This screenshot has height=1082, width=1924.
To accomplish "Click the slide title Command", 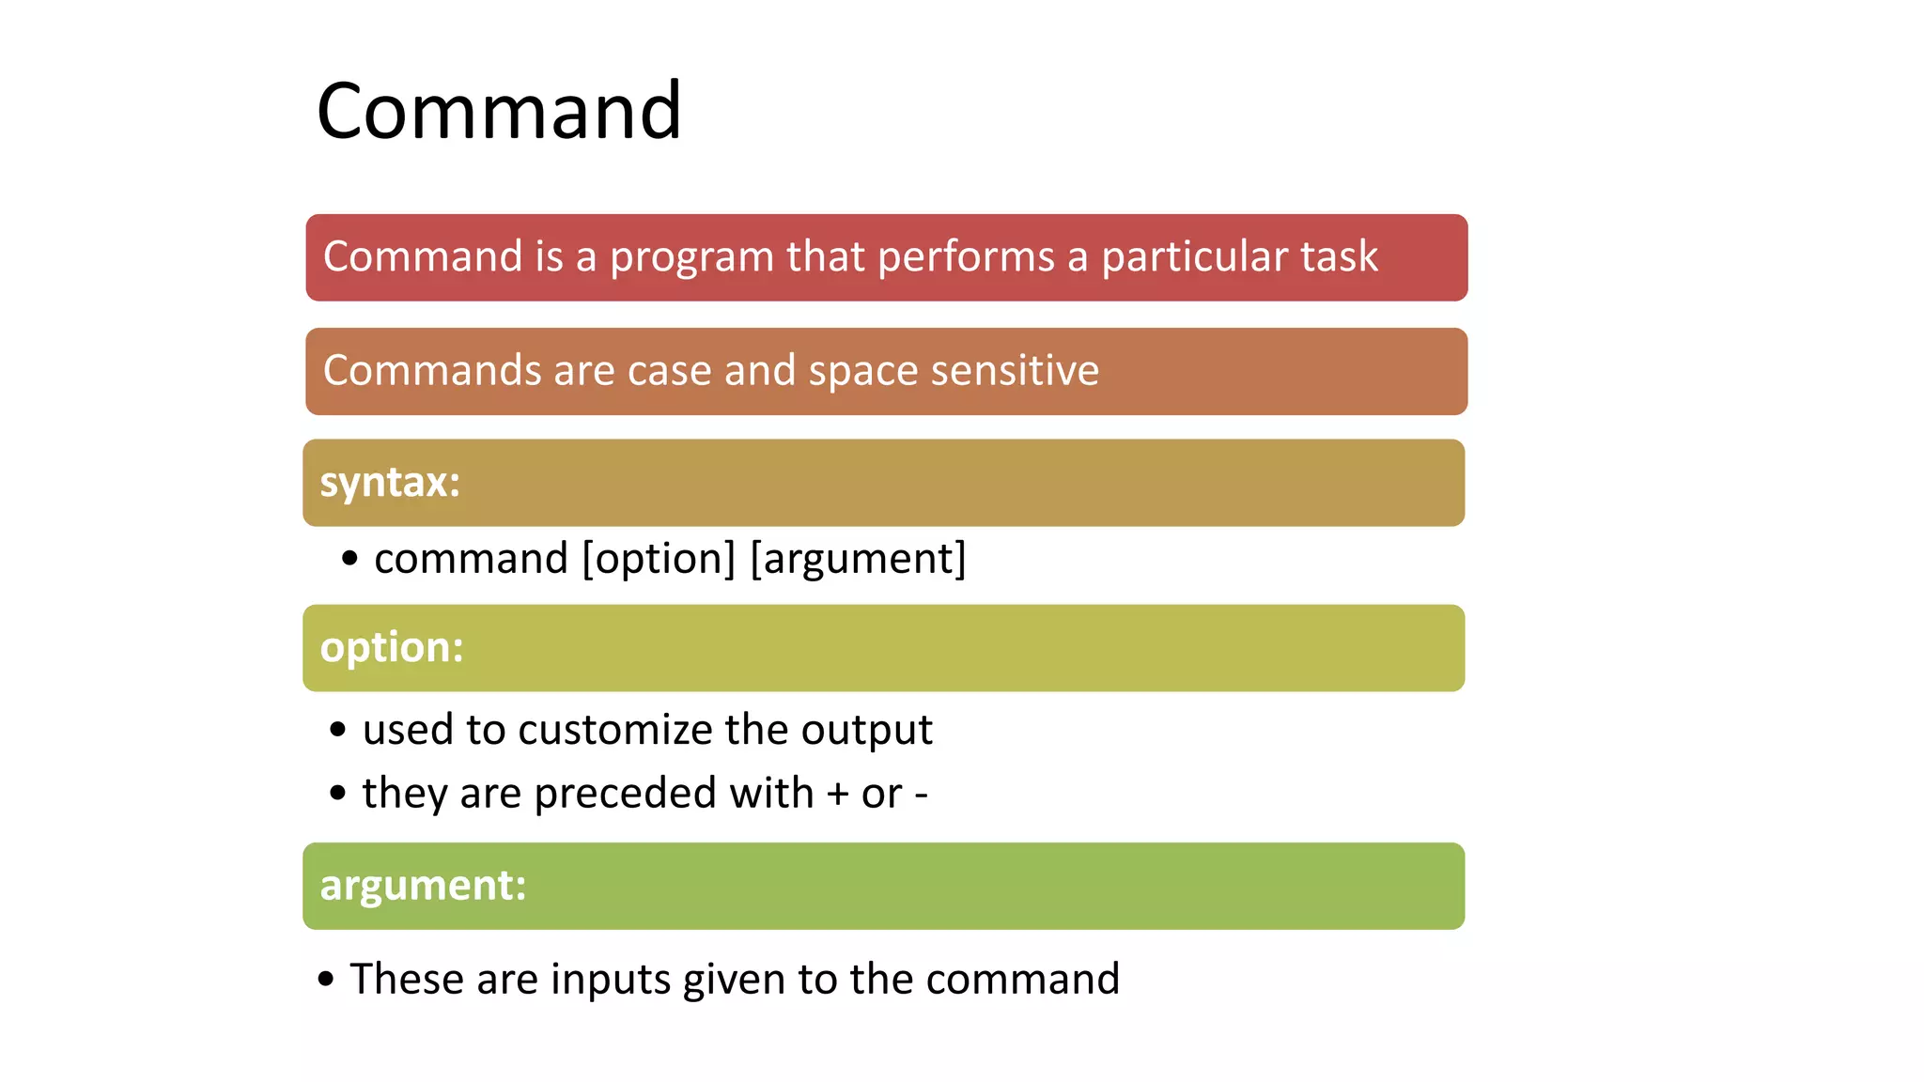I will point(499,111).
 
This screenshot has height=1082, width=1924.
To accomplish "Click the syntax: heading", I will point(390,483).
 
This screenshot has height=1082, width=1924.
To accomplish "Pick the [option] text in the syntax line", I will point(659,559).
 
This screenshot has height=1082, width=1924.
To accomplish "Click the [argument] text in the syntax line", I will point(858,559).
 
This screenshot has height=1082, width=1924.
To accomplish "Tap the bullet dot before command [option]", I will point(349,559).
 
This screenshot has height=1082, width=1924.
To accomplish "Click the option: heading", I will point(392,647).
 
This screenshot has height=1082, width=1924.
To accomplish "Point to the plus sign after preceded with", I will point(837,795).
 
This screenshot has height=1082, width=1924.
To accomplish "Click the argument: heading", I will point(423,885).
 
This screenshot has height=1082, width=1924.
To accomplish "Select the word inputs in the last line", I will point(609,980).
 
